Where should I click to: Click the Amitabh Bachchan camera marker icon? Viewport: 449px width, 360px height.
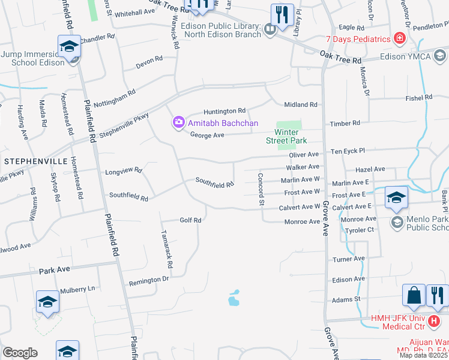coord(178,123)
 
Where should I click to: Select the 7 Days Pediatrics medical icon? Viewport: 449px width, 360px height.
coord(399,39)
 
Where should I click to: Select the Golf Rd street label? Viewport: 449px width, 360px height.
coord(190,220)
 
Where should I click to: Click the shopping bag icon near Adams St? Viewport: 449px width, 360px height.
coord(414,295)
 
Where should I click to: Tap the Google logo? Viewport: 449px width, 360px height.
coord(20,353)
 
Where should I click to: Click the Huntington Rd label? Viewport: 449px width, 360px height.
coord(224,111)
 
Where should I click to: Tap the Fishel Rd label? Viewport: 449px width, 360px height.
coord(418,97)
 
